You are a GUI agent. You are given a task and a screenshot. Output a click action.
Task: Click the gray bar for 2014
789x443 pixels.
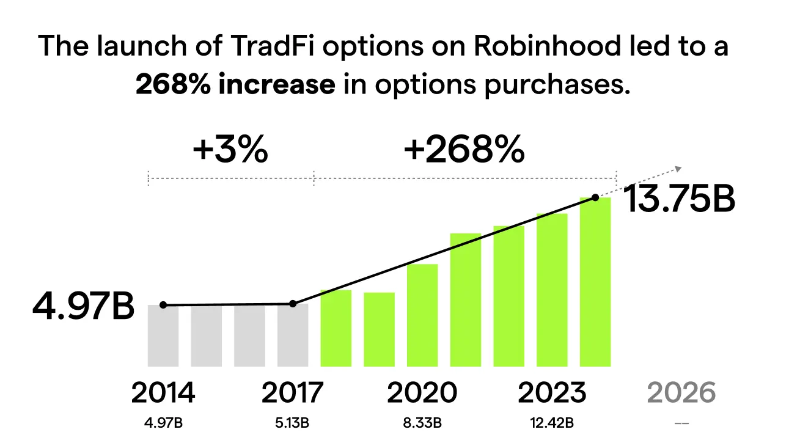coord(163,335)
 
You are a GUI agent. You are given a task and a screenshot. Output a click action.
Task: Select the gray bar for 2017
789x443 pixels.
coord(293,335)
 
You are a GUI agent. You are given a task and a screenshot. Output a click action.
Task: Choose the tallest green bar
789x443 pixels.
coord(595,282)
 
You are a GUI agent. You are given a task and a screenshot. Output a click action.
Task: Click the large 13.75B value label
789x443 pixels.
coord(678,200)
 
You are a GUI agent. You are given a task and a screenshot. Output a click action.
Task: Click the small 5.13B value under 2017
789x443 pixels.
coord(292,422)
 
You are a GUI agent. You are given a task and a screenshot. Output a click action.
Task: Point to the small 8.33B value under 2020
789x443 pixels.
coord(422,422)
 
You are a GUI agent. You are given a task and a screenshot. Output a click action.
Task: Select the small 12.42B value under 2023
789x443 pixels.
coord(551,422)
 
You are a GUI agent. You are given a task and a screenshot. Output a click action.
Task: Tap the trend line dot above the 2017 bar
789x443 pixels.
coord(293,304)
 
